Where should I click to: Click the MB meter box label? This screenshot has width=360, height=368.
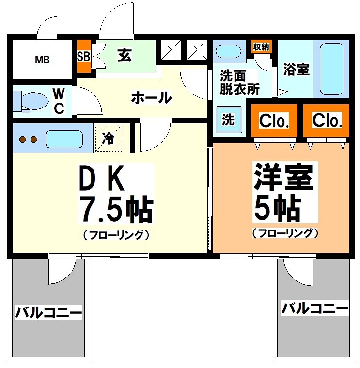click(x=42, y=60)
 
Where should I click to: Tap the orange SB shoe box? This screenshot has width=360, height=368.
click(x=83, y=56)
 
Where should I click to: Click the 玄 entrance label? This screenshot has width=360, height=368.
click(x=125, y=55)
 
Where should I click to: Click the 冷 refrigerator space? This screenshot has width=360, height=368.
click(x=109, y=138)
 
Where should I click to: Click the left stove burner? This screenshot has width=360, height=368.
click(x=22, y=139)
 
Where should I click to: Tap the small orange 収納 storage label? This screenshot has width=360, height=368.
click(x=262, y=47)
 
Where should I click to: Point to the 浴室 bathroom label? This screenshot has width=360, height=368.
click(x=296, y=69)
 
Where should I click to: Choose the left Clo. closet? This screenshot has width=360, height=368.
click(x=274, y=121)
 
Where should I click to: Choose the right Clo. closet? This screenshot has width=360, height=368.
click(x=327, y=120)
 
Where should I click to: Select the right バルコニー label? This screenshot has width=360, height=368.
click(x=315, y=307)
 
